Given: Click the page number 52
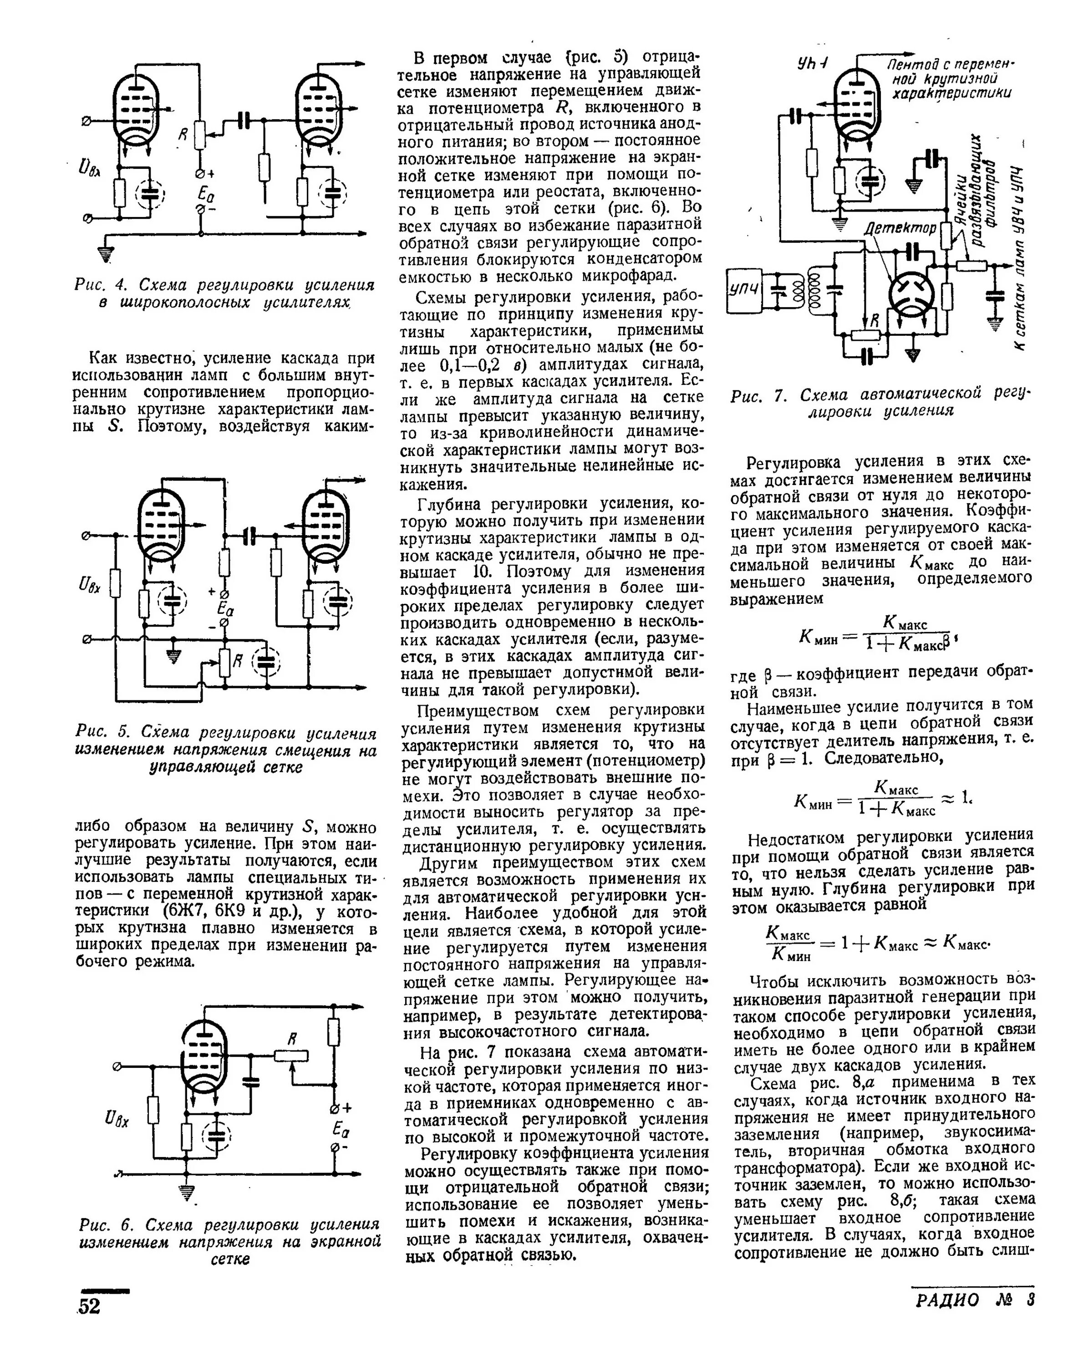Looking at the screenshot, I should (89, 1305).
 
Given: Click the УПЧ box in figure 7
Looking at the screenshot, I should (744, 291).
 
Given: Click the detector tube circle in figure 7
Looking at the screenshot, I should (912, 294).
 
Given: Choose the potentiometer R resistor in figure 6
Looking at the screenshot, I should (291, 1056).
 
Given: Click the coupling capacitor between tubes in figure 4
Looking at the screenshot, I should (245, 120).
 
